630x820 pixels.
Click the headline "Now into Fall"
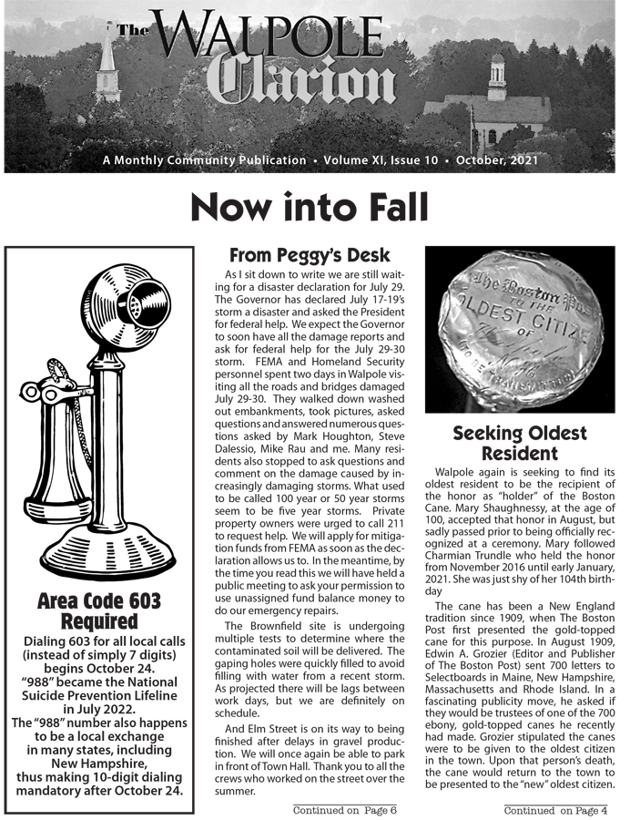pos(309,209)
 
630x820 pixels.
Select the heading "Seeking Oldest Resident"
pos(518,443)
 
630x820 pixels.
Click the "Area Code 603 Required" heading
pos(99,611)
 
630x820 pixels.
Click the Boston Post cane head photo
pos(520,329)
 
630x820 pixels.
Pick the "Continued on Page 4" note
pos(555,809)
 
